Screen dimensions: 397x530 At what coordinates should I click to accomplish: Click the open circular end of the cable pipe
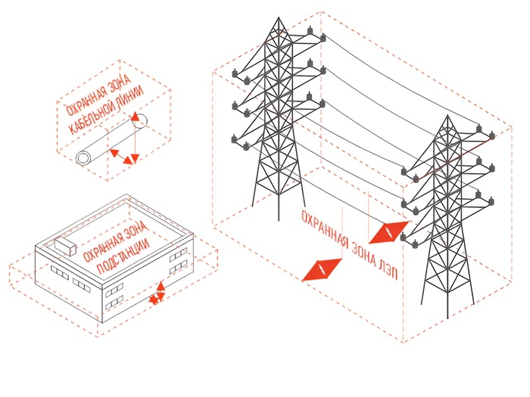coord(83,158)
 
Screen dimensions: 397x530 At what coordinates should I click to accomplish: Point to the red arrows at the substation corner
coord(158,293)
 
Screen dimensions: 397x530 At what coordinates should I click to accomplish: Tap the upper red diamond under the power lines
coord(391,231)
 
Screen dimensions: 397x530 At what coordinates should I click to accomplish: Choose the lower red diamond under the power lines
coord(321,269)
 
